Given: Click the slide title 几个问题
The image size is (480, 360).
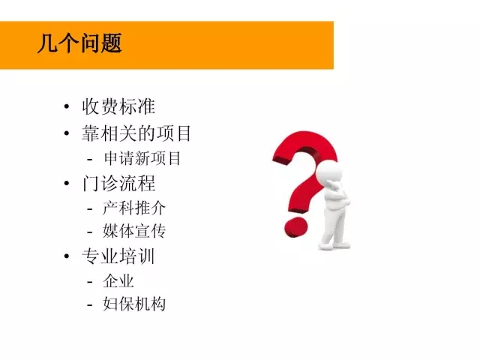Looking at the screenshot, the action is tap(79, 43).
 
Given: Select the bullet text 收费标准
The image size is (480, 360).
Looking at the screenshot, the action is tap(118, 106).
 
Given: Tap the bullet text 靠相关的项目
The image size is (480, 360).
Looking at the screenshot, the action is tap(136, 133).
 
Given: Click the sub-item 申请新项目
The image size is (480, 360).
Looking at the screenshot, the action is tap(142, 158).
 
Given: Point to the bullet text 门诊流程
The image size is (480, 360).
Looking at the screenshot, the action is tap(118, 183).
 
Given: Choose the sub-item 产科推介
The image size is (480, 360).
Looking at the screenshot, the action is tap(134, 208).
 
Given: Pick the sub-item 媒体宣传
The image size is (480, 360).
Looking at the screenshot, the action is tap(134, 231).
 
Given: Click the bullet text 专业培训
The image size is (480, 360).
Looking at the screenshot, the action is tap(118, 256).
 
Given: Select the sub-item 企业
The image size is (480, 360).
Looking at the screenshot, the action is tap(118, 281).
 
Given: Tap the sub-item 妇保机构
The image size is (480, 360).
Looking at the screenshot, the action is tap(134, 304).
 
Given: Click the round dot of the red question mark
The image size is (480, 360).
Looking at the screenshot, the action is tap(295, 227).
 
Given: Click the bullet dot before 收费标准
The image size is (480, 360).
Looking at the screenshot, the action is tap(67, 106).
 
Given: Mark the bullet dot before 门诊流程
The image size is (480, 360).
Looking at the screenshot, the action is tap(67, 183).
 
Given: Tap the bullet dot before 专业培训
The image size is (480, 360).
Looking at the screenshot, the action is tap(67, 256).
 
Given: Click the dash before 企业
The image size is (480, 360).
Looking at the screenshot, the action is tap(90, 282).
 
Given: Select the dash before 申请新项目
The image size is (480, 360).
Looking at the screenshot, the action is tap(90, 159).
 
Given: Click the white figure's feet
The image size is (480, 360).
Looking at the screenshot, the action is tap(334, 245).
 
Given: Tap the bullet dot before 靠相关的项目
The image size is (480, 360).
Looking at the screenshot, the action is tap(67, 133).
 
